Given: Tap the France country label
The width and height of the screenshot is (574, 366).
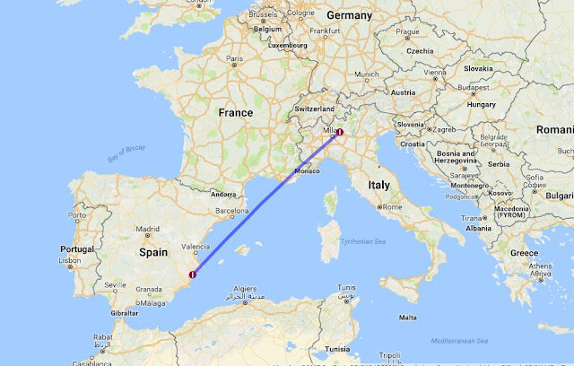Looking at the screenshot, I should point(235,113).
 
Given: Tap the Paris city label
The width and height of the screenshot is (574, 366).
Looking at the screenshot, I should point(235,60).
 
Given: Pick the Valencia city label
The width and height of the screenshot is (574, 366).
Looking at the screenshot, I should point(196,245).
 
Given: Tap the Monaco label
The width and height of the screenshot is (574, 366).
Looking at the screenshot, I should point(307,170).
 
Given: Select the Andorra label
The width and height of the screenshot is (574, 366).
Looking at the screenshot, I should point(222,194).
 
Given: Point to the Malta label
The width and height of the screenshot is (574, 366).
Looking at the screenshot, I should point(407,317).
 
